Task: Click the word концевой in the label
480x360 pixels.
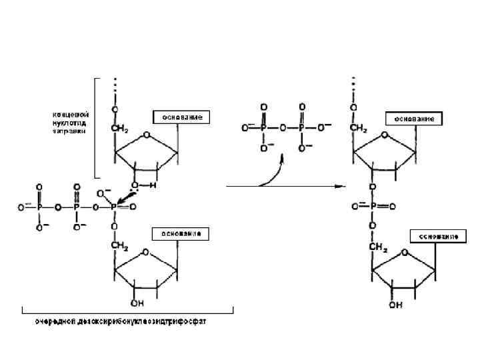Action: [x=70, y=115]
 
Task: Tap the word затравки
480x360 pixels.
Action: [x=68, y=131]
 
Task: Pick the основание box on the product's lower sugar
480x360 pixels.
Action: [x=437, y=237]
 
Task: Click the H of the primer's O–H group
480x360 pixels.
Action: [x=153, y=186]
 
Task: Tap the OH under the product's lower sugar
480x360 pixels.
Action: [x=395, y=305]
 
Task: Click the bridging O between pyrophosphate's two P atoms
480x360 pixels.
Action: [x=283, y=126]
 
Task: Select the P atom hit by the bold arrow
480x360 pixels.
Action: [x=113, y=207]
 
